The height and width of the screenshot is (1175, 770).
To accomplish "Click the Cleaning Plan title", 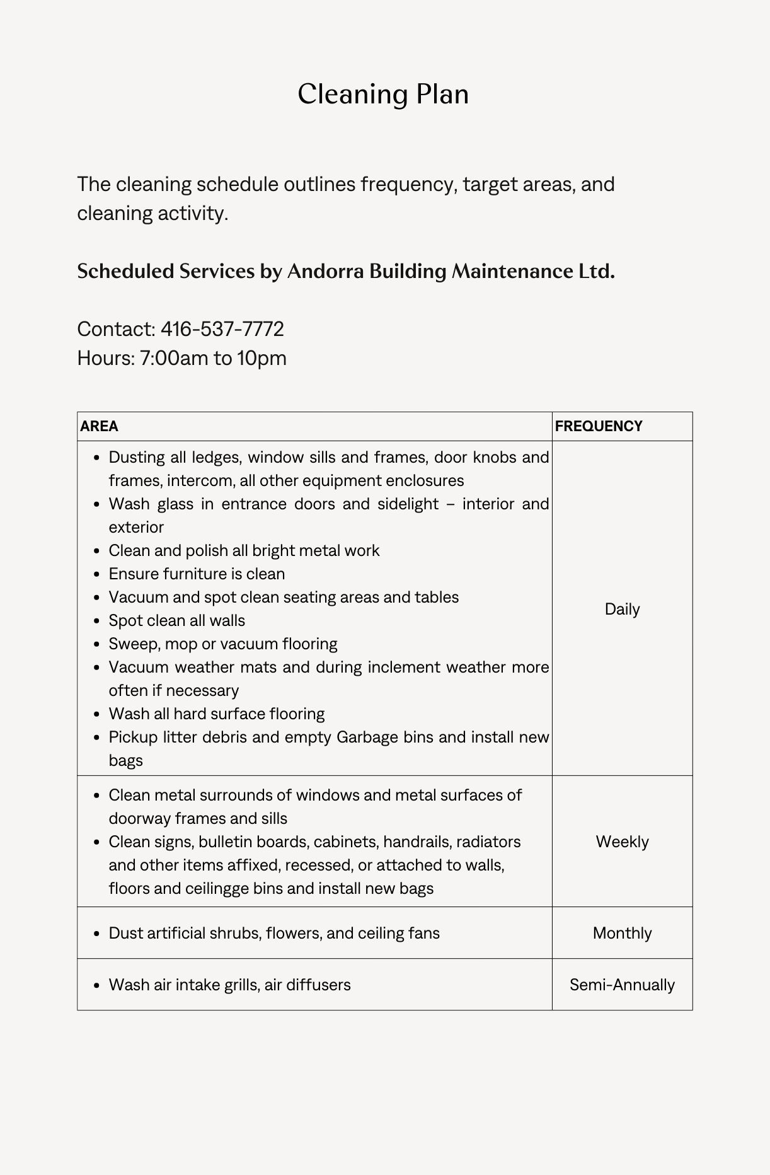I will pyautogui.click(x=383, y=95).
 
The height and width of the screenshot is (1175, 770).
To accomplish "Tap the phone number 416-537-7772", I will pyautogui.click(x=222, y=329).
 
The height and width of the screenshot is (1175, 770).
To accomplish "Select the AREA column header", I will pyautogui.click(x=100, y=426).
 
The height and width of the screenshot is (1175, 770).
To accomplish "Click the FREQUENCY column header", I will pyautogui.click(x=599, y=426).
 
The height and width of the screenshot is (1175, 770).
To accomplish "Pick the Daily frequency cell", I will pyautogui.click(x=622, y=609).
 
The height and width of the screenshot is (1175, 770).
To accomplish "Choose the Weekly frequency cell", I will pyautogui.click(x=622, y=842).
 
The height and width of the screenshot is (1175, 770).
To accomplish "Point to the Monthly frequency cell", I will pyautogui.click(x=622, y=933).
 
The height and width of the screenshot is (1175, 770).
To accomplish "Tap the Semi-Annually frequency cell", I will pyautogui.click(x=622, y=985).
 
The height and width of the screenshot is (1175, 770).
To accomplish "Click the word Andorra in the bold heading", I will pyautogui.click(x=325, y=271).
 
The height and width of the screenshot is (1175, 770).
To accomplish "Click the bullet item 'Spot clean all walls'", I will pyautogui.click(x=177, y=620).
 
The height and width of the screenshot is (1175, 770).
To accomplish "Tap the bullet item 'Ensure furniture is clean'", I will pyautogui.click(x=197, y=574).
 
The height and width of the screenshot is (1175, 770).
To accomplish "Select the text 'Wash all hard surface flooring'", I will pyautogui.click(x=217, y=714).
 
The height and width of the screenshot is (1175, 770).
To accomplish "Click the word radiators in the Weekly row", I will pyautogui.click(x=488, y=842).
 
